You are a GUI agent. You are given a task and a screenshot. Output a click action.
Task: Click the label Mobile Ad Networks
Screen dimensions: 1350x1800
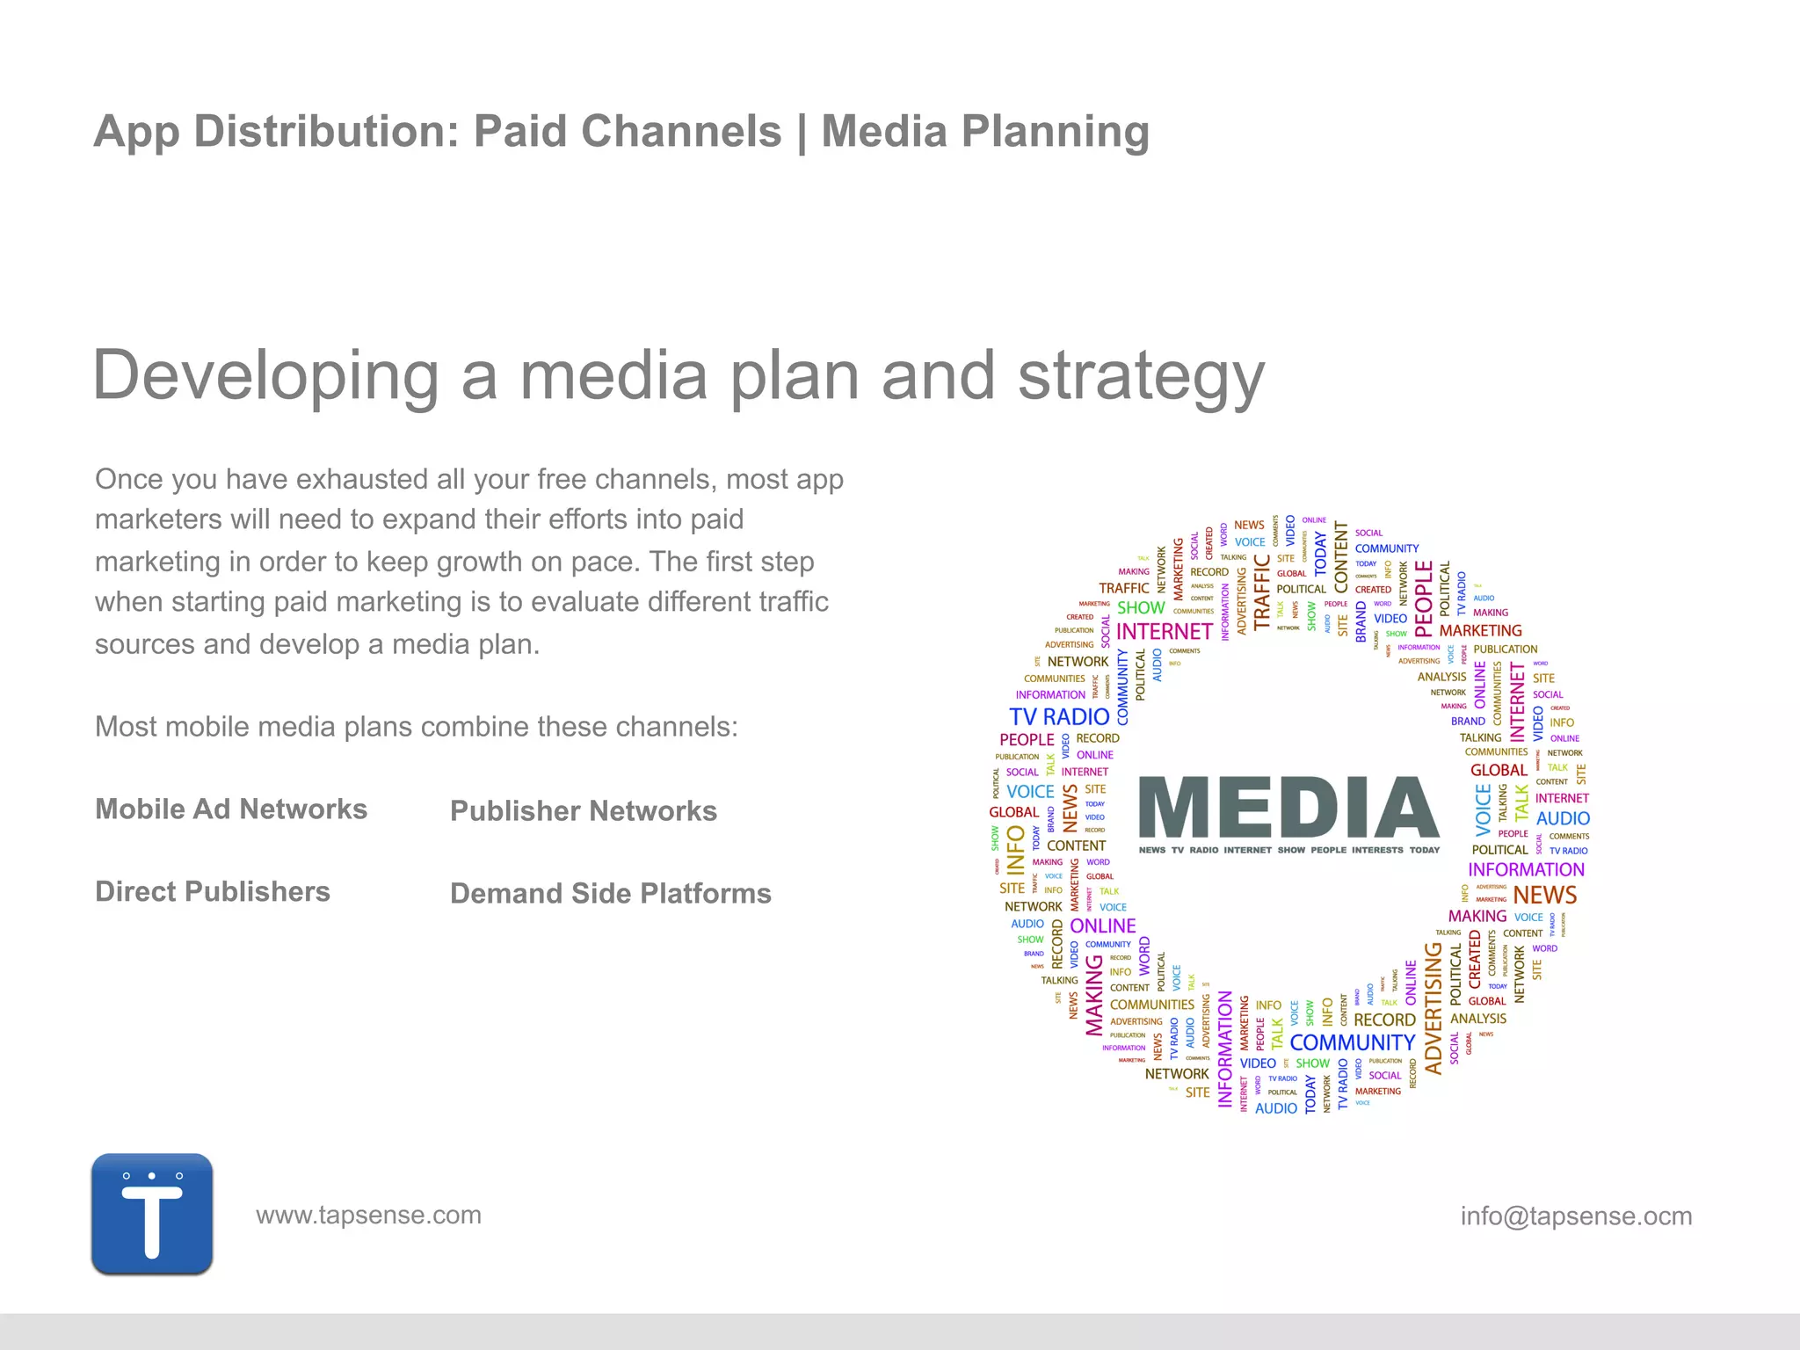pos(230,809)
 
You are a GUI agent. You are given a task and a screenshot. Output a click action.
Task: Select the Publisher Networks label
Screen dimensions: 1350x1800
pos(583,811)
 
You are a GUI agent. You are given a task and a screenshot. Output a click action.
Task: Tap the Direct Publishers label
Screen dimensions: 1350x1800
pos(213,892)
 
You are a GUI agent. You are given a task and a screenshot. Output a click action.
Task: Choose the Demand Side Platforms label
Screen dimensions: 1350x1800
pos(610,894)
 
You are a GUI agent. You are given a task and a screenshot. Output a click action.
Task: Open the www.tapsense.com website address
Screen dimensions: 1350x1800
pos(368,1216)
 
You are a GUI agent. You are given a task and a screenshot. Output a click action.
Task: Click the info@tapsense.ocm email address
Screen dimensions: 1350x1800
pos(1576,1216)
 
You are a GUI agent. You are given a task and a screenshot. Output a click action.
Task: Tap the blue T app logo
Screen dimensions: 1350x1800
pos(152,1214)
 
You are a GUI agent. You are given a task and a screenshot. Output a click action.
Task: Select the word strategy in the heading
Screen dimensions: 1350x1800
pos(1141,376)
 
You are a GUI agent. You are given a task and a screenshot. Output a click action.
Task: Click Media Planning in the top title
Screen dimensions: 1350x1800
pos(984,132)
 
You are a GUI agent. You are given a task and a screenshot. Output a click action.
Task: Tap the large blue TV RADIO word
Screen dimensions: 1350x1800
pos(1059,717)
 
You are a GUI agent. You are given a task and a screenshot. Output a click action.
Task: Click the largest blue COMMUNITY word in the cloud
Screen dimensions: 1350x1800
pos(1352,1043)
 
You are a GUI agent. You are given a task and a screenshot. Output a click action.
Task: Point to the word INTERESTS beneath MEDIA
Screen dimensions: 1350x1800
pos(1377,851)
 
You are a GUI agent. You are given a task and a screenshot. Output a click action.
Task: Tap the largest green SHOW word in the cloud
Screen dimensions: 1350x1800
pos(1141,608)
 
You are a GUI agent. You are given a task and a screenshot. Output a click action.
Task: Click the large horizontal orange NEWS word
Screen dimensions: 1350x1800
pos(1544,896)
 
